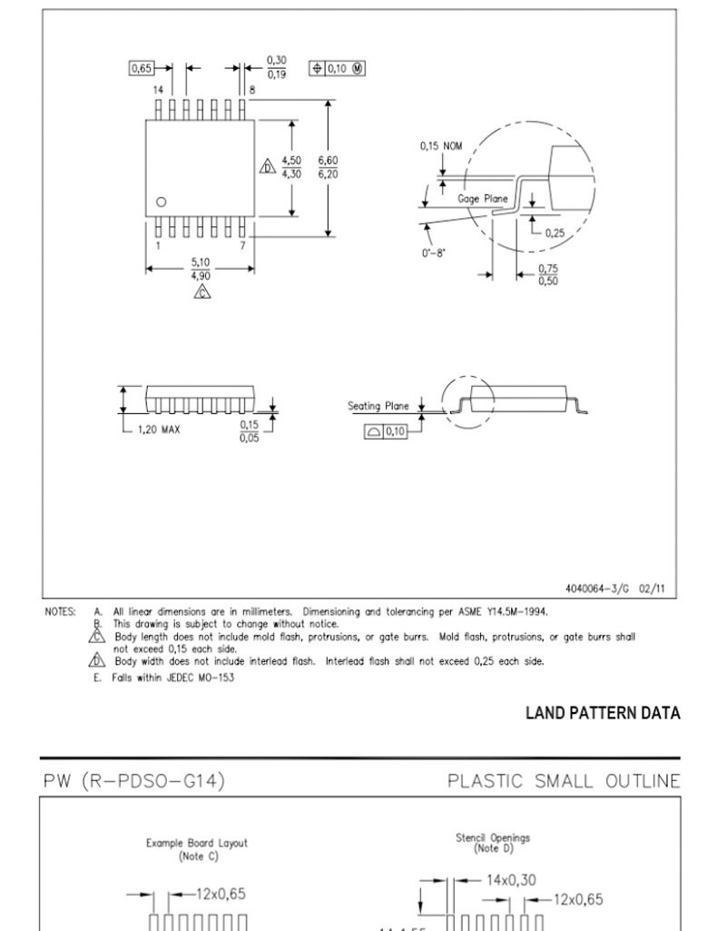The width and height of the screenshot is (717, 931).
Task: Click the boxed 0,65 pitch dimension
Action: pos(142,68)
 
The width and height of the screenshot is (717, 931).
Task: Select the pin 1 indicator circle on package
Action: pos(162,202)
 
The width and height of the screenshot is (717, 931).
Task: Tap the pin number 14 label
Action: pos(158,90)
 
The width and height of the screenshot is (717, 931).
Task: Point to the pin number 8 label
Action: pos(252,90)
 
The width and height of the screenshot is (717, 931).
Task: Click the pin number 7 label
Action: pos(242,245)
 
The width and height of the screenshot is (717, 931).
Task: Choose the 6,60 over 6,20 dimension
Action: pos(328,167)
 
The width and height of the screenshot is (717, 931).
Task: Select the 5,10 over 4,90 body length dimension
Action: pos(201,268)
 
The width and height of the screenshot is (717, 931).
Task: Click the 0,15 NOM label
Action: pos(441,146)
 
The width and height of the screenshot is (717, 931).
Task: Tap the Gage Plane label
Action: pos(483,198)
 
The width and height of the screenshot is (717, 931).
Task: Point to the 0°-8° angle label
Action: pos(434,253)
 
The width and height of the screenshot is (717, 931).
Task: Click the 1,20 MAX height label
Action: pos(159,429)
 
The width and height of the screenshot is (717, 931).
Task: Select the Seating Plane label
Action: pos(378,406)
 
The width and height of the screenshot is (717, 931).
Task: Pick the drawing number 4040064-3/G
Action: pos(596,589)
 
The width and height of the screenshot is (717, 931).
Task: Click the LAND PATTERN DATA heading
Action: pos(604,713)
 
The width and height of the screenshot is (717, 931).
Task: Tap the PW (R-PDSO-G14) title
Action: pos(134,780)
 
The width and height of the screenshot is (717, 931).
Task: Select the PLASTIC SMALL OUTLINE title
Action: pos(564,781)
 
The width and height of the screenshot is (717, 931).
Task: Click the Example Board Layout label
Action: pos(197,843)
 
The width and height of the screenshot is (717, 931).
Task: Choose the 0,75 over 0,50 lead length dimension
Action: pos(548,274)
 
